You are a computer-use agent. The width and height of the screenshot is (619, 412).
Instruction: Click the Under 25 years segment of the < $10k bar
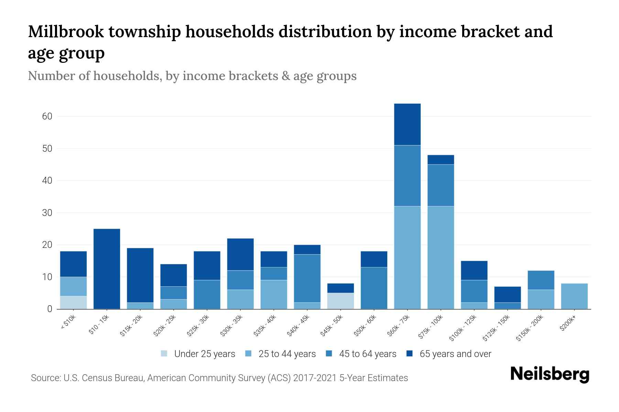73,302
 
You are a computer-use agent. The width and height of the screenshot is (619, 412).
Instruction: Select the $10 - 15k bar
107,269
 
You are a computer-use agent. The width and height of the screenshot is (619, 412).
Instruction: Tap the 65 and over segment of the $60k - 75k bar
407,124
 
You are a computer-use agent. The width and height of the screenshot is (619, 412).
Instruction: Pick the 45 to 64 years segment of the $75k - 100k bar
441,185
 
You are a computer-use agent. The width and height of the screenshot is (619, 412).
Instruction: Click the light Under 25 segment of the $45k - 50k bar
340,301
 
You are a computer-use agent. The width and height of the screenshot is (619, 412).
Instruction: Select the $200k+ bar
574,296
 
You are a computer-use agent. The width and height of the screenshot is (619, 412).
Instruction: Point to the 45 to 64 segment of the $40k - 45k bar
307,278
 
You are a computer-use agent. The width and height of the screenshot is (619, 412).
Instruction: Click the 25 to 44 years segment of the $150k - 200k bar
541,299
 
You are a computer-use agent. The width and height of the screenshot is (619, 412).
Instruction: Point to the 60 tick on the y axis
47,116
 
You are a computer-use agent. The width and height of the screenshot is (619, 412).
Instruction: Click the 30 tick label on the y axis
47,213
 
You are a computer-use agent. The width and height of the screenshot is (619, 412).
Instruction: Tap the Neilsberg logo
550,374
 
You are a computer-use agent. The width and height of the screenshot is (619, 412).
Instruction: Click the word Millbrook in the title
66,32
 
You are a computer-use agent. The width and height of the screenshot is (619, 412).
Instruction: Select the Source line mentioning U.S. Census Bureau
219,378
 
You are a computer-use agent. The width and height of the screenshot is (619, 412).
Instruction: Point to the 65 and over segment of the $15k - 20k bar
140,275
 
